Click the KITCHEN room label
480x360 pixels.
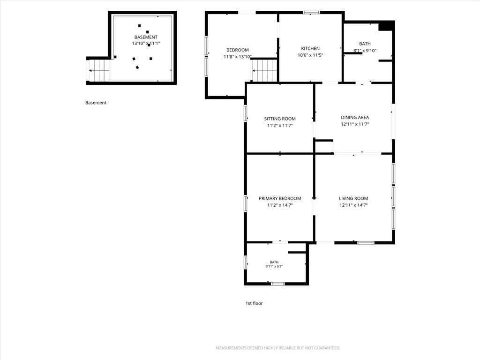[x=310, y=48]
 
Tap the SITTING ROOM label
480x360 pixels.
[x=280, y=119]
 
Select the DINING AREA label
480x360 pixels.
[x=355, y=117]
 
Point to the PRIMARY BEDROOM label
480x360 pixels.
[x=280, y=198]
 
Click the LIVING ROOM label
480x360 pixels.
[x=353, y=198]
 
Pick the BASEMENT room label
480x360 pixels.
[x=146, y=37]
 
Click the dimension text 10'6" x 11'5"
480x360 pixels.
[x=310, y=55]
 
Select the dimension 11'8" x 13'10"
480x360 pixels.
[x=238, y=57]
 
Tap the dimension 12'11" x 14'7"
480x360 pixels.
[x=353, y=205]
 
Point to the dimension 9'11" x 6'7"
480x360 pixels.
[x=274, y=266]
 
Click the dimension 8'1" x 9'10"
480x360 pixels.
[x=365, y=51]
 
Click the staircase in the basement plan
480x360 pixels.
[x=99, y=71]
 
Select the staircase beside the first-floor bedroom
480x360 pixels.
[x=264, y=71]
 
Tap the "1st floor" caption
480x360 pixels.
[x=254, y=303]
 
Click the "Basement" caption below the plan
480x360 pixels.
[x=96, y=103]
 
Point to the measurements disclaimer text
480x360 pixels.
[x=278, y=348]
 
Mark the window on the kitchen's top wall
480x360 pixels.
[x=311, y=13]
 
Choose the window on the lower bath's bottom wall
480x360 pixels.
[x=277, y=284]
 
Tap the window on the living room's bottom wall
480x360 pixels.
[x=366, y=243]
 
